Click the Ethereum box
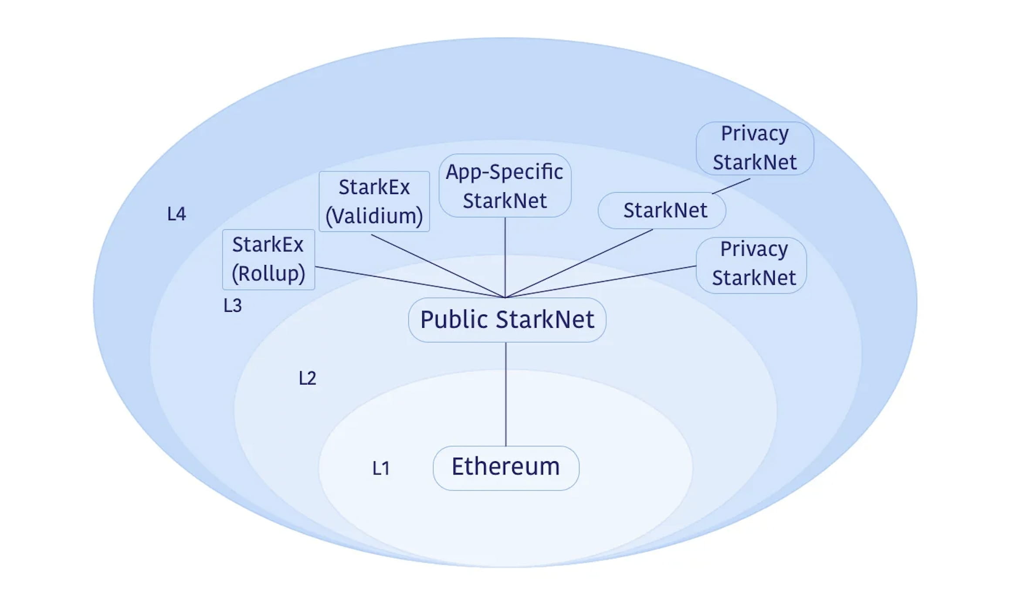505,468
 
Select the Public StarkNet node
507,320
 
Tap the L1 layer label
380,468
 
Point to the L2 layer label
307,378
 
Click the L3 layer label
232,305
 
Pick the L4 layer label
176,214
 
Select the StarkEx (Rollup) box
268,259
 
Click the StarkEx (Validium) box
374,201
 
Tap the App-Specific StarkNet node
505,186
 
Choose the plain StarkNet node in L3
661,210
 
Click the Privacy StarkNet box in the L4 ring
755,148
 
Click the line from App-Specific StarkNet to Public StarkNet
505,257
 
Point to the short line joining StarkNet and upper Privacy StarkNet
731,186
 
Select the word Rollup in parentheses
268,274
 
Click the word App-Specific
504,172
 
